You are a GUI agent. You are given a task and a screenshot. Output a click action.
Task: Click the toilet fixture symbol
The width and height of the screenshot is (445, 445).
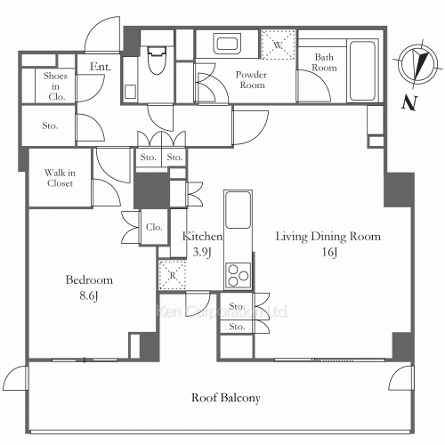coord(156,60)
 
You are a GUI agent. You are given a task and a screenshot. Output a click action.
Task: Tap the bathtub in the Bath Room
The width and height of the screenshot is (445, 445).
coord(362,70)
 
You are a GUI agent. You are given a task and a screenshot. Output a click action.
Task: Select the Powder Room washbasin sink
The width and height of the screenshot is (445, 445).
coord(227,44)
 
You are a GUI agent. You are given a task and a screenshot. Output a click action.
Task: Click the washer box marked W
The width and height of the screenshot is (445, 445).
coord(278,44)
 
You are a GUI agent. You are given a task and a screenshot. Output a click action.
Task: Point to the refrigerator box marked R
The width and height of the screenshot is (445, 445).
coord(173,275)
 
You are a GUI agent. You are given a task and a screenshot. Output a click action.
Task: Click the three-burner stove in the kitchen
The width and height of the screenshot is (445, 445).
coord(238,275)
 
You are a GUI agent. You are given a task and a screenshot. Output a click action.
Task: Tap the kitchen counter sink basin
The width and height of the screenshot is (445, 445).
coord(238,209)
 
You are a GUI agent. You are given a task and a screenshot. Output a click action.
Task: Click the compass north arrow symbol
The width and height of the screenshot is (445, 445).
coord(417,65)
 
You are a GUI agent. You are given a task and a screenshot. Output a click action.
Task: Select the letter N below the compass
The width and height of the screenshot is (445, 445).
coord(409,103)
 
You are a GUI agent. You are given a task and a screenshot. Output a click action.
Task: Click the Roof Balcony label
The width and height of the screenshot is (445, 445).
coord(226,398)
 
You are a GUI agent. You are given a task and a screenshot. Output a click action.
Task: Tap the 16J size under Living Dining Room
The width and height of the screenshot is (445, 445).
coord(329,253)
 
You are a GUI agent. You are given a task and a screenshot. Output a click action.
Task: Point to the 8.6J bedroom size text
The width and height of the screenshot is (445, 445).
coord(88,296)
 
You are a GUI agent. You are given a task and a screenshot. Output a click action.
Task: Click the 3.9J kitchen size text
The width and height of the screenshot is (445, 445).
coord(202,252)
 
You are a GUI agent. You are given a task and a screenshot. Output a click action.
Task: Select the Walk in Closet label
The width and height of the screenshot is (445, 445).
coord(60,178)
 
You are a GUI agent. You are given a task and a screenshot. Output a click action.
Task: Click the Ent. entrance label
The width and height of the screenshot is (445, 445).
coord(101,67)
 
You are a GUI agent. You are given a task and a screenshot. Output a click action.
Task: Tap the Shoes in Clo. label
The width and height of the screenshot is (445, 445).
coord(55,86)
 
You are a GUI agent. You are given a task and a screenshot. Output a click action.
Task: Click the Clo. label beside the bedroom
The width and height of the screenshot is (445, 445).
coord(154,227)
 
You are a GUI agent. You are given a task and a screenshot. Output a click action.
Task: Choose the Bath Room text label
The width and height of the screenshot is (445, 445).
coord(324,62)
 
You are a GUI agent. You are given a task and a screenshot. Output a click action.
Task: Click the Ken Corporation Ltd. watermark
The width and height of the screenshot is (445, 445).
coord(222,311)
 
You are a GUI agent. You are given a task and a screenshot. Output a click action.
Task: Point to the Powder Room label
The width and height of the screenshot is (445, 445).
coord(252,80)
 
